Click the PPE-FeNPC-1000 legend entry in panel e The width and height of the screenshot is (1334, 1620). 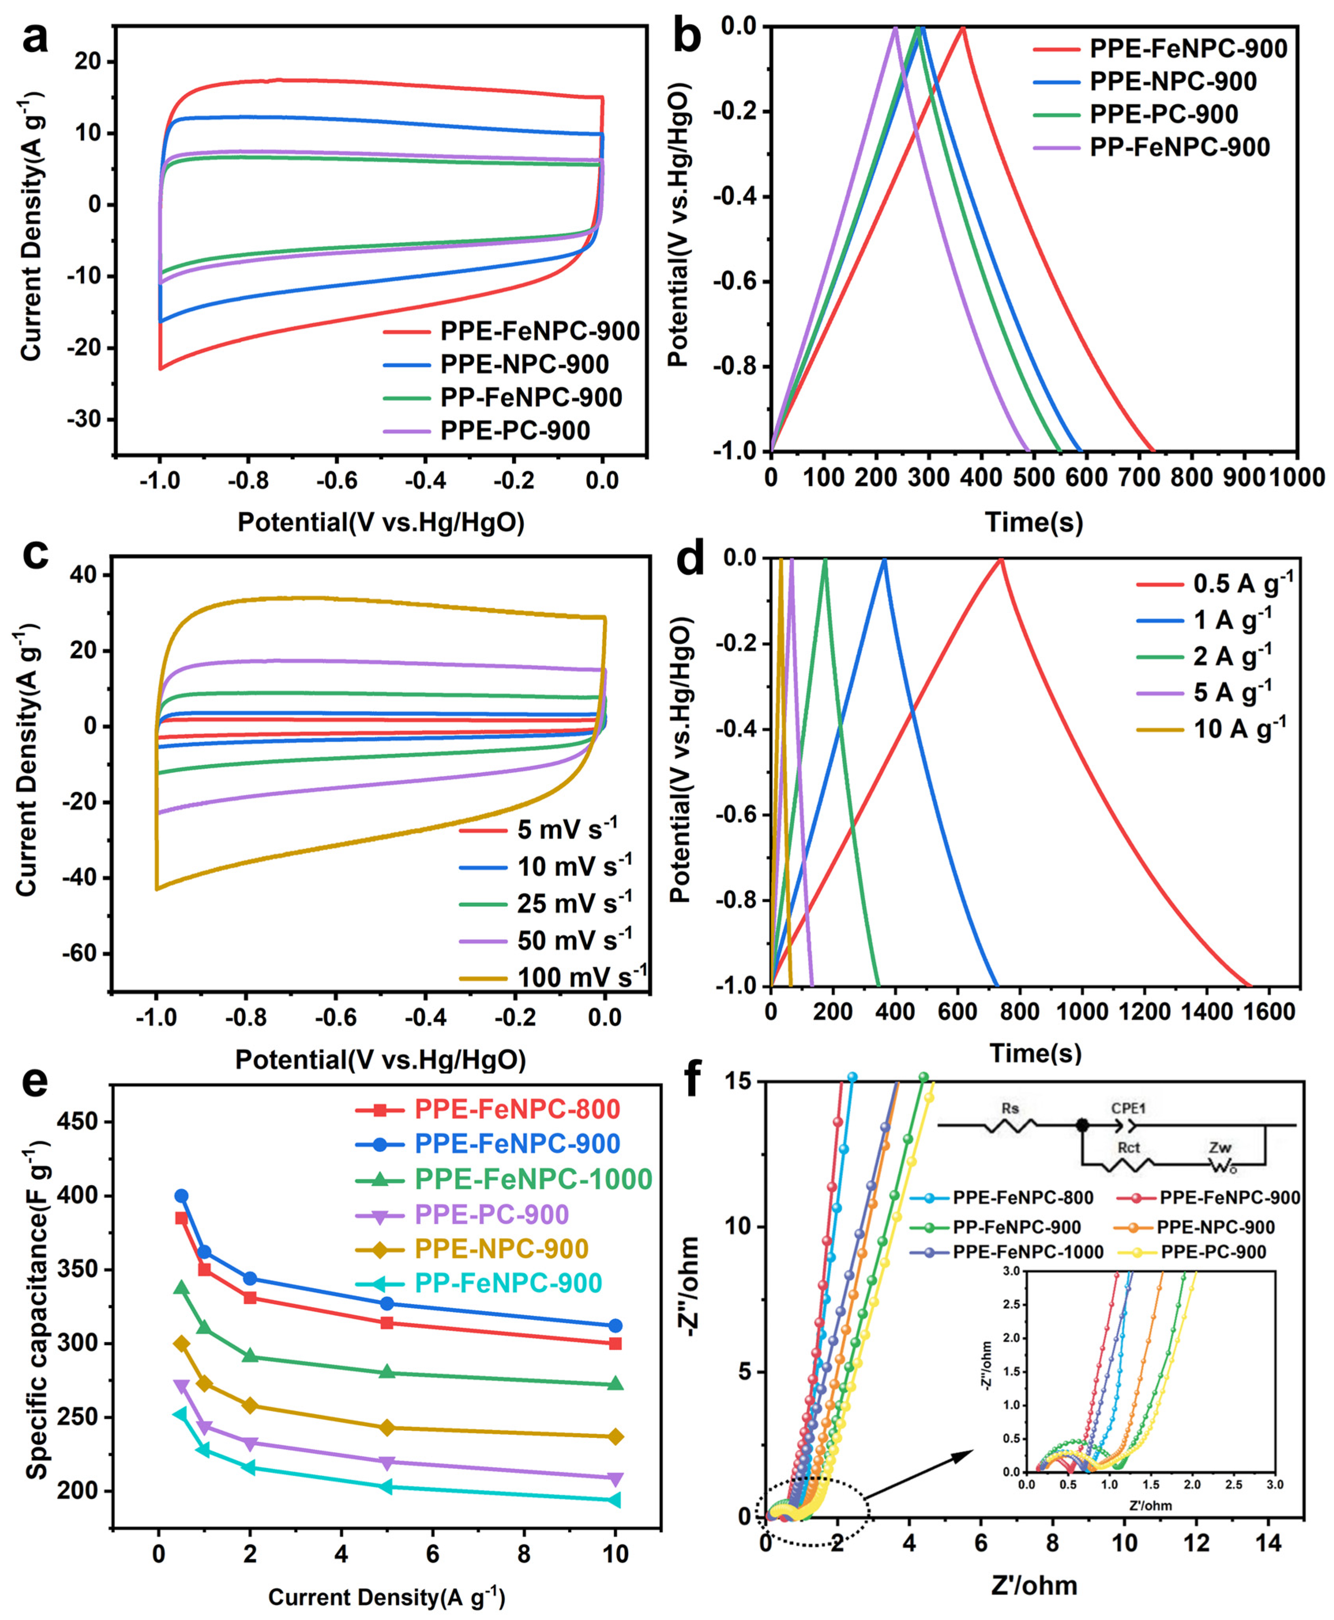tap(503, 1179)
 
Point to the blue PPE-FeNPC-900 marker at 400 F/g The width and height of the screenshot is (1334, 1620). tap(181, 1196)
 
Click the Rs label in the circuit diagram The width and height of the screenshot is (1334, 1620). tap(1011, 1108)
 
